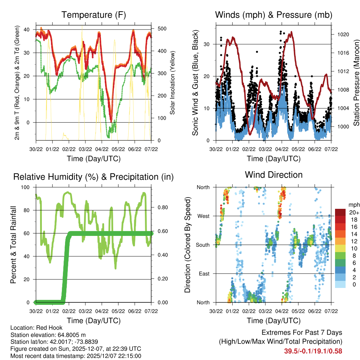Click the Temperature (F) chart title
pos(94,15)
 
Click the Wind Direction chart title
pos(274,175)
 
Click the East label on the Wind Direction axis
pos(204,274)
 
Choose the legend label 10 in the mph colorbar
pos(351,248)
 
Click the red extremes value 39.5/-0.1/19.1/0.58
pos(313,351)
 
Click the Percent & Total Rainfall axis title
pos(13,245)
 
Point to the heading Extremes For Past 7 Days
pos(302,333)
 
